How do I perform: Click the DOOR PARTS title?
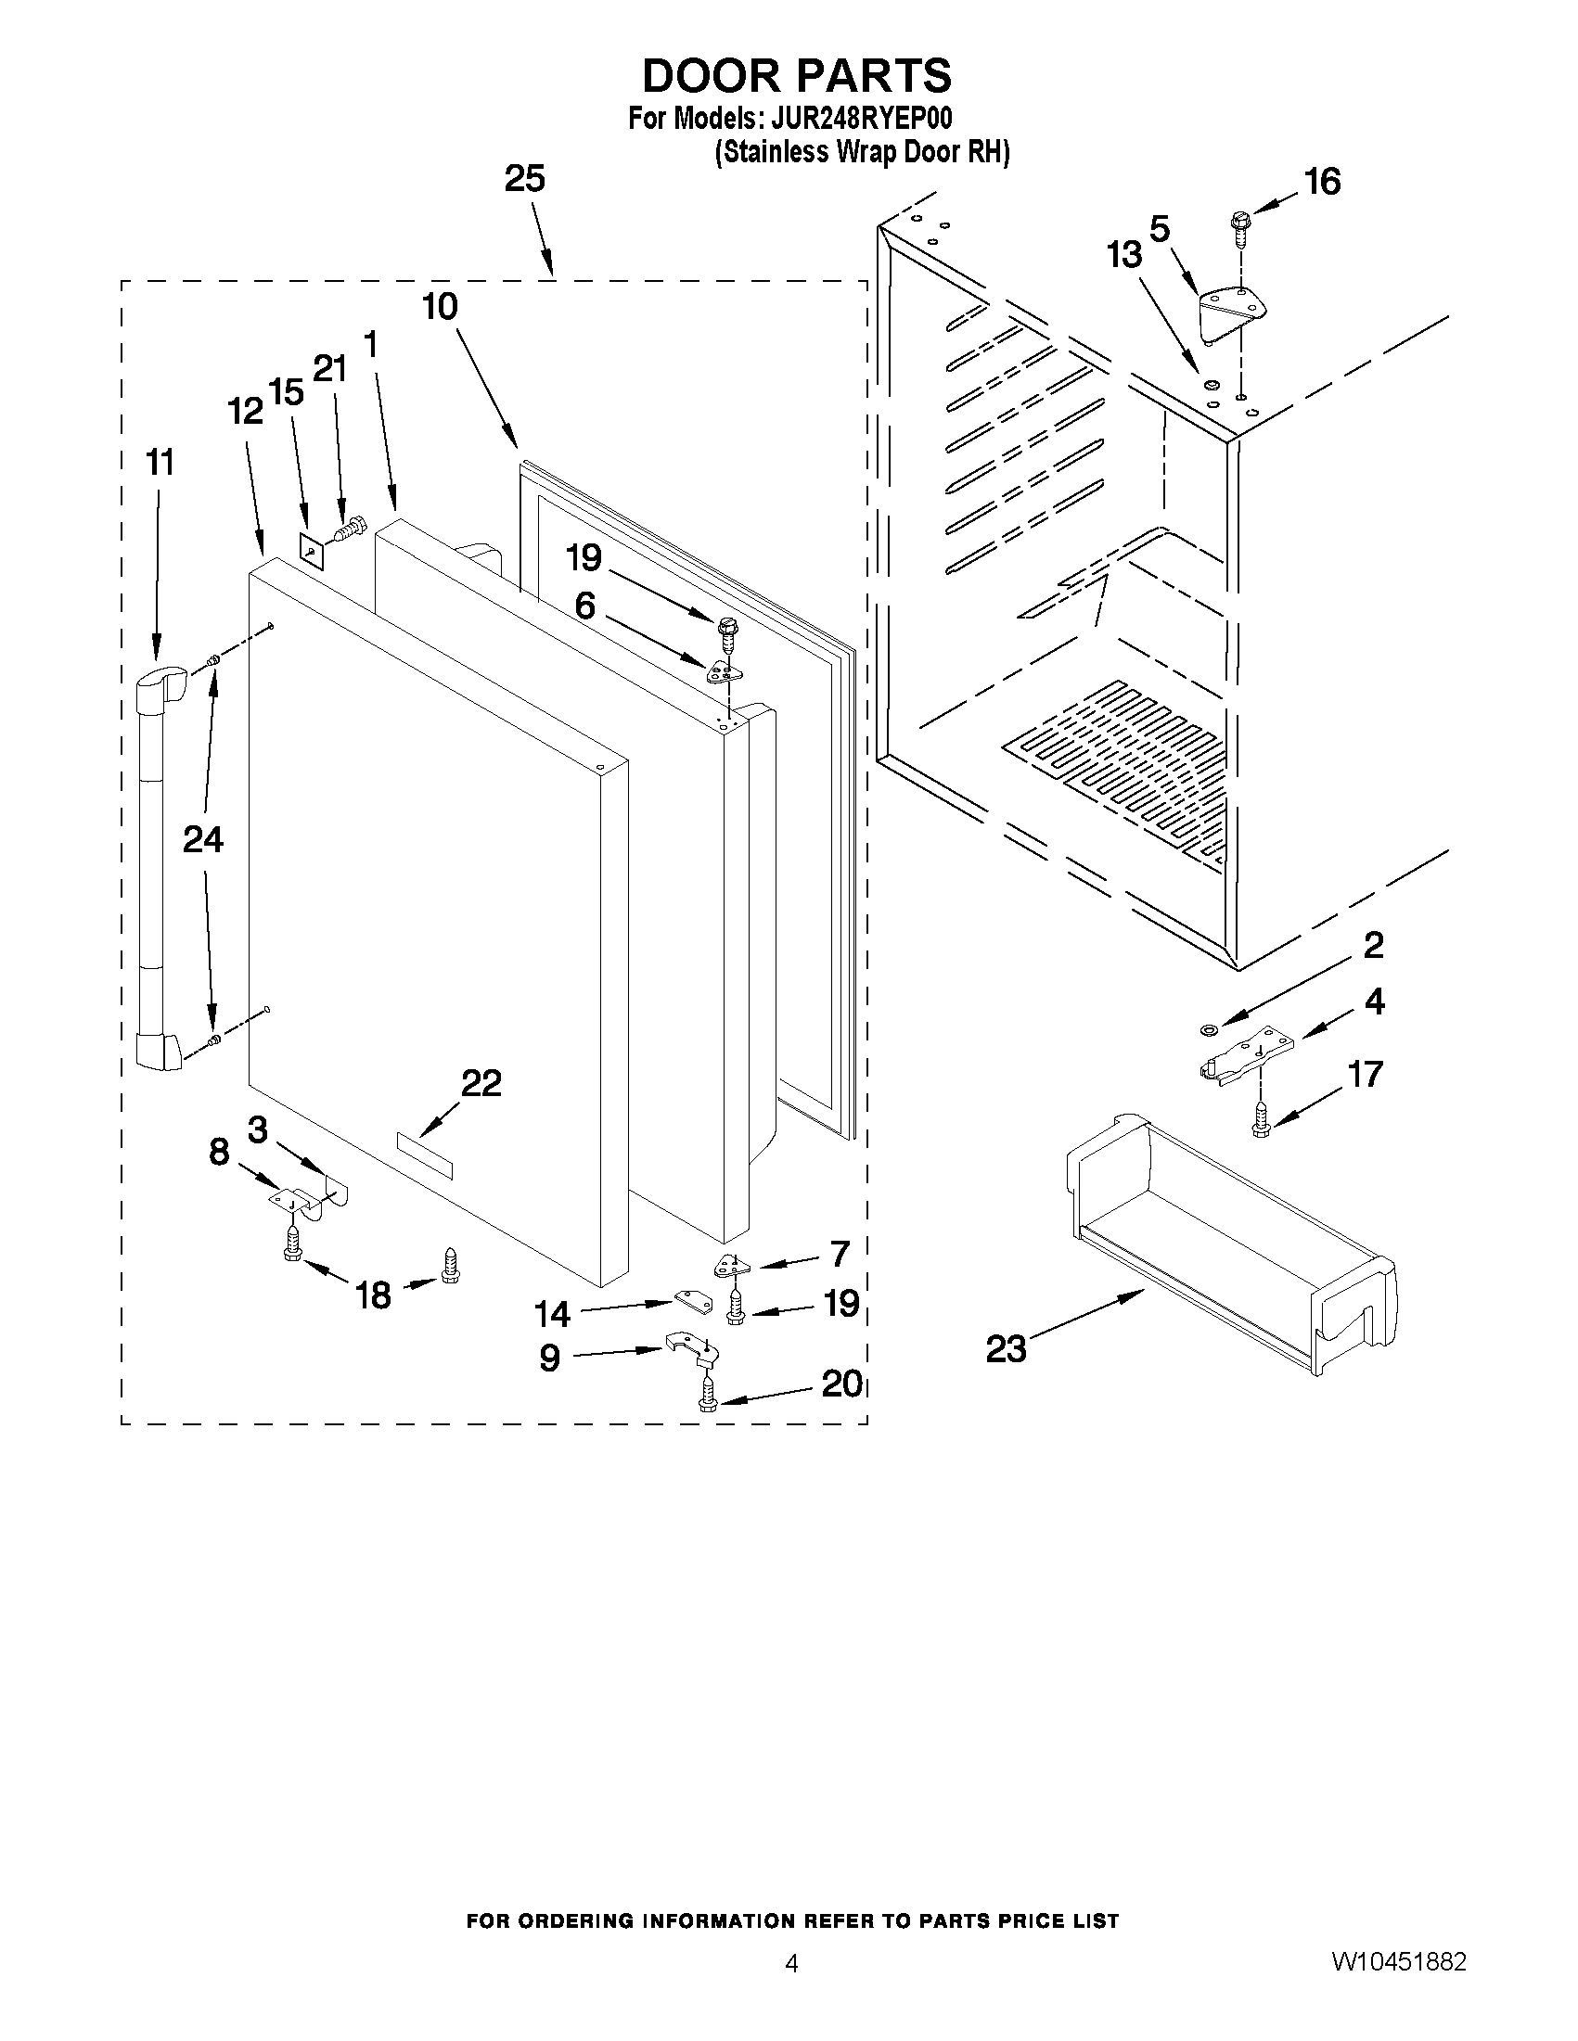[x=797, y=76]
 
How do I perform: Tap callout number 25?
[x=524, y=178]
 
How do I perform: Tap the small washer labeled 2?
[x=1207, y=1030]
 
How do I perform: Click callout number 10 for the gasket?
[x=441, y=307]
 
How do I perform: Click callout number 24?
[x=203, y=839]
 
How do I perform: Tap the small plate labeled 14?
[x=691, y=1299]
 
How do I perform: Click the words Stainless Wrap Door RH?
[x=862, y=152]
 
